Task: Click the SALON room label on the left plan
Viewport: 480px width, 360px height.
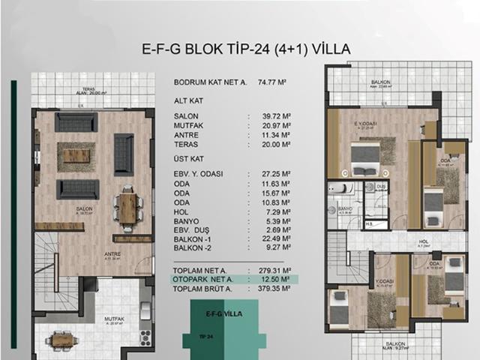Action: [73, 210]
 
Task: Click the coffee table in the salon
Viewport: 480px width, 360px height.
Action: [76, 156]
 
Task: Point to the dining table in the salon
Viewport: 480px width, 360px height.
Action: [128, 208]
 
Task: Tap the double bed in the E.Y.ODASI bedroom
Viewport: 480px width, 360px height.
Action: [364, 158]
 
